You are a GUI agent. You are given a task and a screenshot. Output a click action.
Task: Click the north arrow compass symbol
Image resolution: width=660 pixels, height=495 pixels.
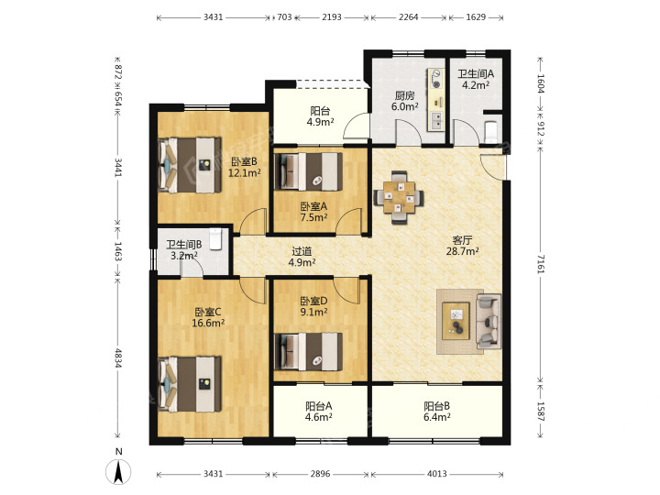(x=118, y=471)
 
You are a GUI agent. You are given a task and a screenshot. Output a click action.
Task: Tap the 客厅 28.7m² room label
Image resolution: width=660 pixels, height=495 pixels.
(x=462, y=246)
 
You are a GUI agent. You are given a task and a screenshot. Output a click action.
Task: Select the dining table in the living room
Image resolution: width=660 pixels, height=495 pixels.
(x=399, y=197)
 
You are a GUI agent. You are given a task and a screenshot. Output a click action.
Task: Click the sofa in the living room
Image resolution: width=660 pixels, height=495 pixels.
(x=489, y=321)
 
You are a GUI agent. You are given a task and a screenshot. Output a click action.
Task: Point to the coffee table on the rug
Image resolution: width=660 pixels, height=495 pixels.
(x=456, y=320)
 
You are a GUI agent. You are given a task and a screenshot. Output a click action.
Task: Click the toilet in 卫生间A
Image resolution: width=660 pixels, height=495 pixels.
(x=490, y=132)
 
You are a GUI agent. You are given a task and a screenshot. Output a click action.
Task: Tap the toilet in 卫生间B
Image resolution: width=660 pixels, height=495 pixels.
(x=215, y=238)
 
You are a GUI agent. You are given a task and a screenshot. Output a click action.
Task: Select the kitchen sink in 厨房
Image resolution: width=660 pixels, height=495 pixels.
(x=436, y=121)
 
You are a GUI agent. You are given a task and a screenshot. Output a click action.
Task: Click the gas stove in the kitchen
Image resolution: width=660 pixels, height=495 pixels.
(x=436, y=79)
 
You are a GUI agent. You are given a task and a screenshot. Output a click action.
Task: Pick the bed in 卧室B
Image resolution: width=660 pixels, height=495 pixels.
(x=190, y=165)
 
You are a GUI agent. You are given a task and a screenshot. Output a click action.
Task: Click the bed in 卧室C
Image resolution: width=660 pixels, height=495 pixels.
(x=190, y=384)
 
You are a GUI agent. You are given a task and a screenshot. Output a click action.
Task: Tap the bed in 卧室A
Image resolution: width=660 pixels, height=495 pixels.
(x=308, y=171)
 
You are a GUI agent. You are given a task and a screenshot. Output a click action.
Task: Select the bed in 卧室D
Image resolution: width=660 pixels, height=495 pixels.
(x=308, y=352)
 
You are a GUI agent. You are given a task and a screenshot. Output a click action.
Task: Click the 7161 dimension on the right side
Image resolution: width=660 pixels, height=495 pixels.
(x=541, y=264)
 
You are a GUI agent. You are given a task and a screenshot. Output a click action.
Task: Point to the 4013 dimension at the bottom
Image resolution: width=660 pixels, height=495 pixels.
(x=437, y=474)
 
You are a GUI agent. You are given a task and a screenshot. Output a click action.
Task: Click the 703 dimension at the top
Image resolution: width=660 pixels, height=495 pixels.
(x=284, y=17)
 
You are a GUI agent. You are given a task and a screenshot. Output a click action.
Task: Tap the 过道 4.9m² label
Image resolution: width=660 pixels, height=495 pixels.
(x=302, y=257)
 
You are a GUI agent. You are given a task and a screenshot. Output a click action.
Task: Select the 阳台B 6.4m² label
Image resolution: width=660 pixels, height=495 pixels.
(x=437, y=412)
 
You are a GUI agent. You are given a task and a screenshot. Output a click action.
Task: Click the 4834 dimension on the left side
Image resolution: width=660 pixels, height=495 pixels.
(x=118, y=357)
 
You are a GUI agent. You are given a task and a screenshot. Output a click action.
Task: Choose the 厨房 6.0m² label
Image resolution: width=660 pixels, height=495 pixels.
(x=404, y=101)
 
